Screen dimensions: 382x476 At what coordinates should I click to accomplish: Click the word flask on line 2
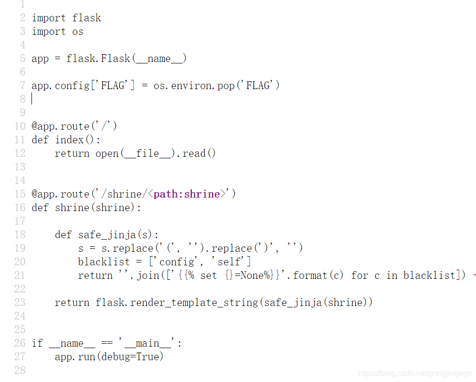pyautogui.click(x=87, y=18)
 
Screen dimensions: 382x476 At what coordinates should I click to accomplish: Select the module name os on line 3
pyautogui.click(x=78, y=31)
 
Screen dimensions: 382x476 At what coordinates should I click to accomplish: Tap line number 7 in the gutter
pyautogui.click(x=22, y=86)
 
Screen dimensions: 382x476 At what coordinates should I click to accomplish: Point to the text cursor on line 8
pyautogui.click(x=32, y=99)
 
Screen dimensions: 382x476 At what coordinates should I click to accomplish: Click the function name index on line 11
pyautogui.click(x=69, y=140)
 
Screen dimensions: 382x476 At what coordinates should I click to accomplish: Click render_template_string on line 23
pyautogui.click(x=194, y=303)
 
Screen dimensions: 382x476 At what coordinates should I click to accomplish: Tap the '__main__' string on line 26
pyautogui.click(x=148, y=343)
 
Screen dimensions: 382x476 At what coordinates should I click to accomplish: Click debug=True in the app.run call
pyautogui.click(x=130, y=357)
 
